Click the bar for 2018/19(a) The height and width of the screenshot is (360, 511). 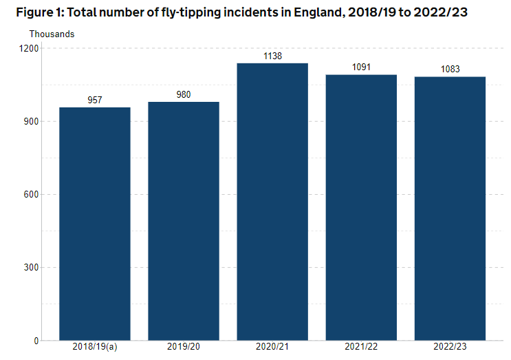95,224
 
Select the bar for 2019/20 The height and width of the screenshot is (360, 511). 184,221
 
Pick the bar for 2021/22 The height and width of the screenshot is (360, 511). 361,207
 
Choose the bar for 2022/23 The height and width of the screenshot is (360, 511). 450,209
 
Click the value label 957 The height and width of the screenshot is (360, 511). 95,100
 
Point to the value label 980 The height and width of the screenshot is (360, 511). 184,94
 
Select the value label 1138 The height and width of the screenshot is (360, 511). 272,56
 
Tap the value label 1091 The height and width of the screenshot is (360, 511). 361,67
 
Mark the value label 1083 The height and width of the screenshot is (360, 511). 450,70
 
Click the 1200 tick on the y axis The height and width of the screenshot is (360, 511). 30,49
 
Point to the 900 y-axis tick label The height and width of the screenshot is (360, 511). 32,122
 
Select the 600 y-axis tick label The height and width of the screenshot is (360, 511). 32,195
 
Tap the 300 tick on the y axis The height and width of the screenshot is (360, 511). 32,268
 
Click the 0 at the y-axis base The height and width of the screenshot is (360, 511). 36,341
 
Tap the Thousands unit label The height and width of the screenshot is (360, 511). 52,34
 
